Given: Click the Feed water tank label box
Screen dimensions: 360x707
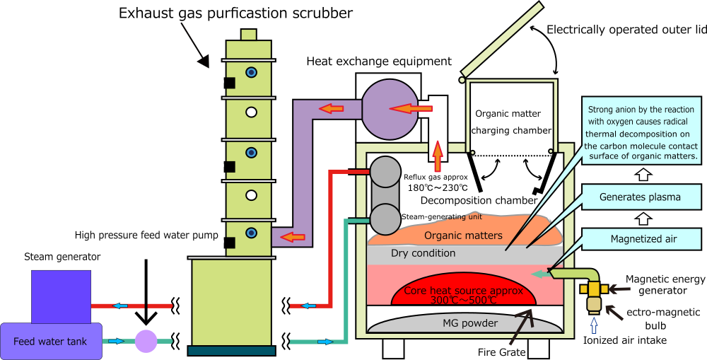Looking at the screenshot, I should [50, 342].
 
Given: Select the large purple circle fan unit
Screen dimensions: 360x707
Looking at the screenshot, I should [390, 109].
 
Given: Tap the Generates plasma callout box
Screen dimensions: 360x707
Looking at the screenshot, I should [640, 197].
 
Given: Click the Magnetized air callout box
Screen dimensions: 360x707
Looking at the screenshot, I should [643, 239].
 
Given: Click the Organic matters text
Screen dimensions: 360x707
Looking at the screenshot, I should [463, 236].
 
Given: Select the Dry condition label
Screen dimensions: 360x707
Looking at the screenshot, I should [423, 253].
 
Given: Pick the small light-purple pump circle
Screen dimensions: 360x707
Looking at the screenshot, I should [146, 341].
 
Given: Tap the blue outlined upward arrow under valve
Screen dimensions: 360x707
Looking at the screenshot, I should [593, 325].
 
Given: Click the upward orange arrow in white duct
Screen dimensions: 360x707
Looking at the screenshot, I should [438, 157].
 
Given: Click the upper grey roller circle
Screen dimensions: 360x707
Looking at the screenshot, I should [385, 172].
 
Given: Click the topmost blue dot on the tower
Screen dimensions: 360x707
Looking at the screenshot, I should [251, 72].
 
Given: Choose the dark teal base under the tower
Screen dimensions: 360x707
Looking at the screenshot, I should [231, 350].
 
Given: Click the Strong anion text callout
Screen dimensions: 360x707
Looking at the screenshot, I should [641, 133].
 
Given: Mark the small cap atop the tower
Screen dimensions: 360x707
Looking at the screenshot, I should [248, 35].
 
